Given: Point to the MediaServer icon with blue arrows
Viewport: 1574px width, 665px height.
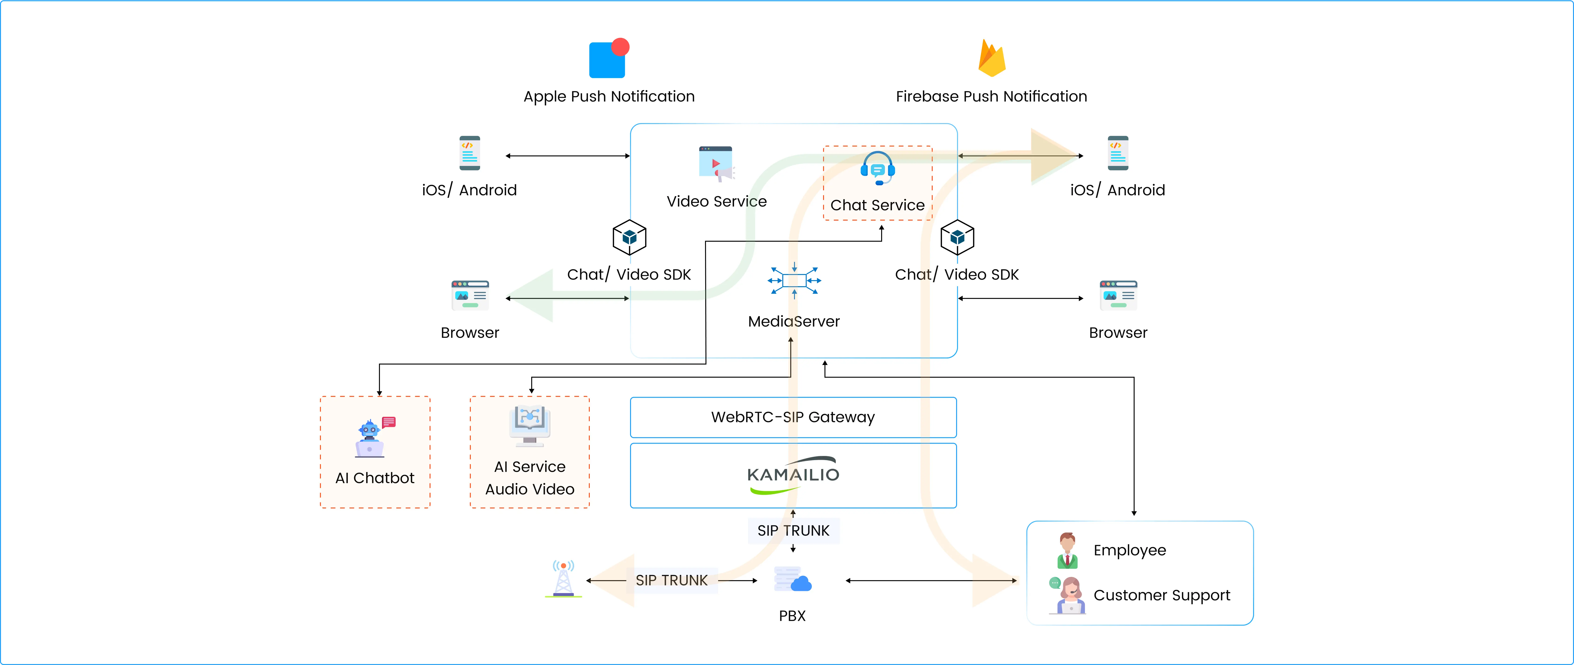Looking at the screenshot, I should click(794, 281).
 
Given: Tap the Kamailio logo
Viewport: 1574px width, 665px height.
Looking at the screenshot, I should click(793, 475).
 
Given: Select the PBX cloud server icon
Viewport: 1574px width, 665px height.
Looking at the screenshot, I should click(792, 579).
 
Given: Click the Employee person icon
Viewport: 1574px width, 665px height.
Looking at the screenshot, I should click(1067, 550).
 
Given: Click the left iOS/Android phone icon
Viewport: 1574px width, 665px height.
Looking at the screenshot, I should click(470, 153).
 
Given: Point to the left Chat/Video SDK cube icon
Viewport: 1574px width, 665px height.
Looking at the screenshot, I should click(629, 237).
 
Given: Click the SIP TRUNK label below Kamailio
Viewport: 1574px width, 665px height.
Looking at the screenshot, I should click(793, 530).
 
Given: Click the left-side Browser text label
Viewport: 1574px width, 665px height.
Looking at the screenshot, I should click(470, 333).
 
